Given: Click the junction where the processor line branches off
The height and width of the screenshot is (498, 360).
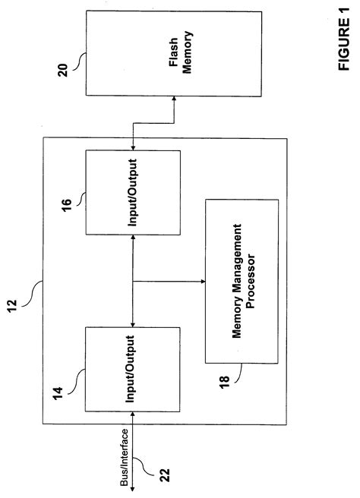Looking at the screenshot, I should [134, 282].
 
